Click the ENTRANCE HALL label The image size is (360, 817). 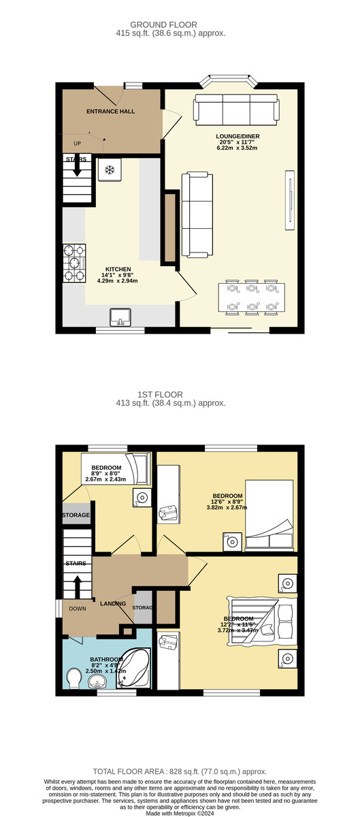point(110,111)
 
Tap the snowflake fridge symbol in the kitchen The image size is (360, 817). point(110,170)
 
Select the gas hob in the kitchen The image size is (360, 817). point(74,263)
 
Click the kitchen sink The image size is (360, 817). point(120,317)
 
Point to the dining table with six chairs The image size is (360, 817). point(252,298)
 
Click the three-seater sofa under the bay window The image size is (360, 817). point(236,110)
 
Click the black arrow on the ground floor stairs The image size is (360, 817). point(77,167)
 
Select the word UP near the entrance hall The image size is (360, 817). point(78,144)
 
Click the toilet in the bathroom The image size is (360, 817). point(75,678)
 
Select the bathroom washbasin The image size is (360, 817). point(97,681)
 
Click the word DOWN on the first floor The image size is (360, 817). point(78,609)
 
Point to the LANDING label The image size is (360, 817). point(113,604)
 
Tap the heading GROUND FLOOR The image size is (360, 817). point(163,25)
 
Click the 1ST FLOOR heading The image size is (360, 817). point(160,394)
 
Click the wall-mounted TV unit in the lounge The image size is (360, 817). point(290,200)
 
